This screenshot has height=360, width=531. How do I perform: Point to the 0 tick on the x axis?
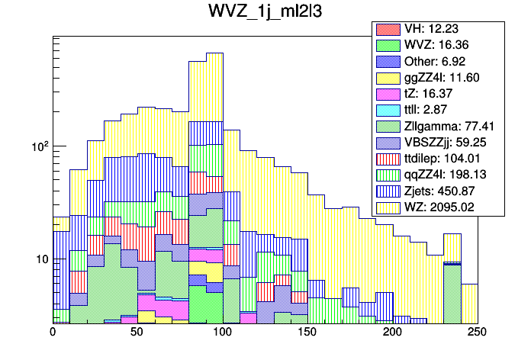(x=53, y=333)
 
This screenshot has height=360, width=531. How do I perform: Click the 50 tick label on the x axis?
(x=137, y=333)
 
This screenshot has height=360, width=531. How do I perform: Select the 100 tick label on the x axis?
(x=222, y=333)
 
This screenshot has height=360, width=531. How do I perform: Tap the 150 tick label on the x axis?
(x=307, y=333)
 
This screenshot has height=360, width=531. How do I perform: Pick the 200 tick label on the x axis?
(x=392, y=333)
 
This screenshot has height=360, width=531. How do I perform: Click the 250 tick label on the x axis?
(x=477, y=333)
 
